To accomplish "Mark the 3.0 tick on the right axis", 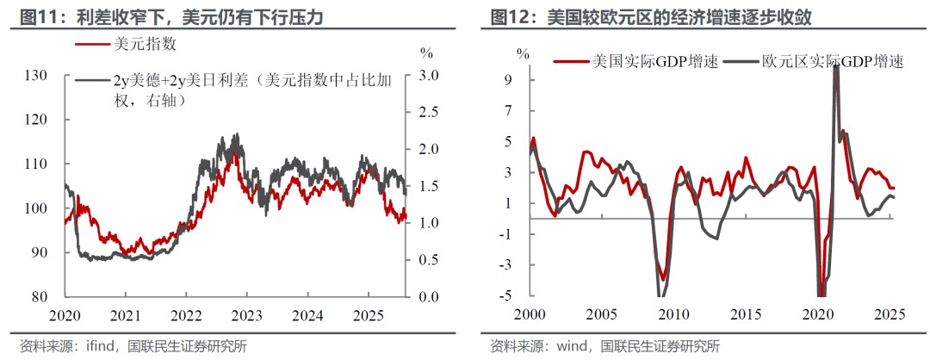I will (428, 76).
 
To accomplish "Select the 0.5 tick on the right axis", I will (428, 260).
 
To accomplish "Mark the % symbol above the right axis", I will (425, 53).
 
